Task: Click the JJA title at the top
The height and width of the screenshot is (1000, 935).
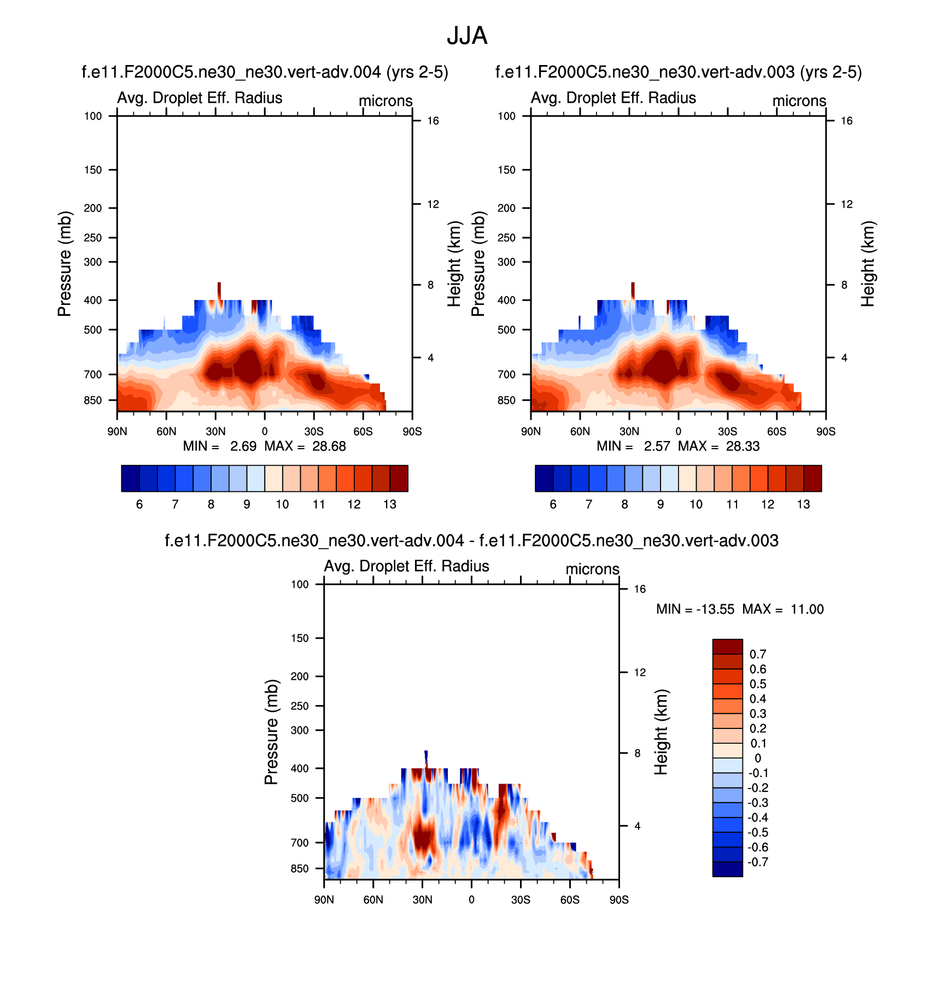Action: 466,36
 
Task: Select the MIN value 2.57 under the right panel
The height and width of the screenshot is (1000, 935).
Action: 657,446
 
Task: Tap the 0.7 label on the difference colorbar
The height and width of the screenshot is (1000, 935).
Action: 758,654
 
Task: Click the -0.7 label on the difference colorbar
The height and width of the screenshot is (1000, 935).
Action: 757,862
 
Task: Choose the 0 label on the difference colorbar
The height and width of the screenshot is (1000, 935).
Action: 758,758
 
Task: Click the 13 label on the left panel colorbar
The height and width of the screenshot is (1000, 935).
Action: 389,504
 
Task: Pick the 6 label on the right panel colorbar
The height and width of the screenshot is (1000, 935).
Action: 553,504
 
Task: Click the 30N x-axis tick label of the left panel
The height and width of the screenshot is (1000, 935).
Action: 215,432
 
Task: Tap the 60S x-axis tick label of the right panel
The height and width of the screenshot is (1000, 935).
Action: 776,432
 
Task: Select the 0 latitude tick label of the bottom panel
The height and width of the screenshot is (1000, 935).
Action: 471,900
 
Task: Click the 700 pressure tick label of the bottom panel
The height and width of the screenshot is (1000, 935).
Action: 300,843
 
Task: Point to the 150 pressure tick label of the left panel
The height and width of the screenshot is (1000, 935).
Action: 93,170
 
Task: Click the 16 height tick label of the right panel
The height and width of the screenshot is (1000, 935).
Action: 846,121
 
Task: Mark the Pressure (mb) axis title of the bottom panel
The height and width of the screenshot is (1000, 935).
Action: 272,732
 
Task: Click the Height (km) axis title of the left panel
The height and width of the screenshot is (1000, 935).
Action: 454,264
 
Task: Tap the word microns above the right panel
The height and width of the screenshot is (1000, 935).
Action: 799,101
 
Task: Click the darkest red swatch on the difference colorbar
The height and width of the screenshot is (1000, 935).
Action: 727,646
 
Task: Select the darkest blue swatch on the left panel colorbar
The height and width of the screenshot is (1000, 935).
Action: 130,479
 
